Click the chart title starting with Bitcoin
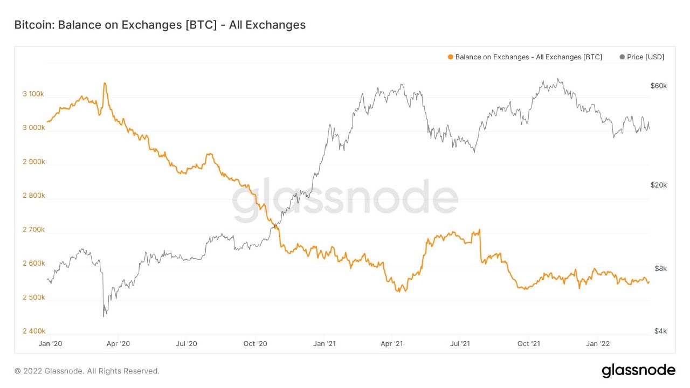coord(160,25)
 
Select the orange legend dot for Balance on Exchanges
coord(450,57)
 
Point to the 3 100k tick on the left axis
coord(33,94)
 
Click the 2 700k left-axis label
coord(33,230)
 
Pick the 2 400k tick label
coord(33,331)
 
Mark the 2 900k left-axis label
coord(33,162)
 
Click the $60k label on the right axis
coord(658,86)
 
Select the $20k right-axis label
coord(658,185)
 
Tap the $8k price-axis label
coord(660,268)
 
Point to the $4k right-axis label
coord(660,331)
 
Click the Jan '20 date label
coord(52,343)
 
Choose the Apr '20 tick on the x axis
coord(118,343)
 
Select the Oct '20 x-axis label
coord(255,343)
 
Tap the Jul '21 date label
coord(461,343)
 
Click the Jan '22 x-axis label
coord(598,343)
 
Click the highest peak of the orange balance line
coord(105,83)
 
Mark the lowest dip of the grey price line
coord(103,316)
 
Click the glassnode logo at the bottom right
coord(638,371)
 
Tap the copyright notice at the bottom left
coord(87,371)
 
